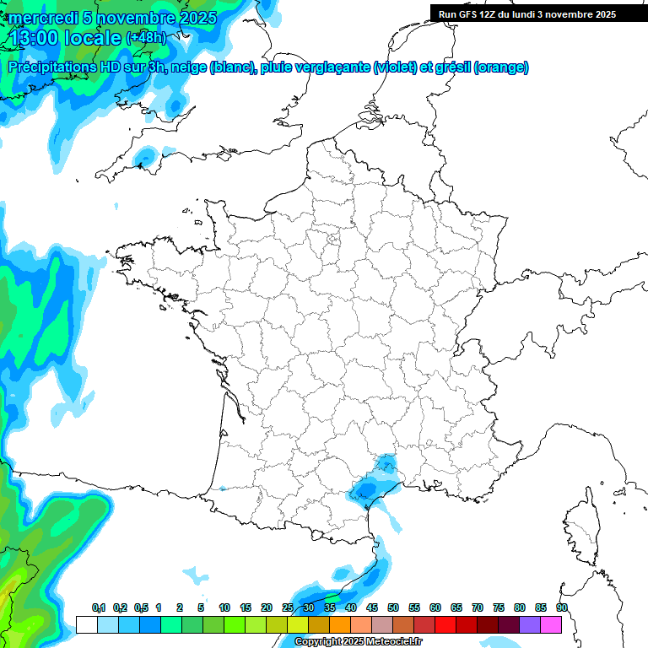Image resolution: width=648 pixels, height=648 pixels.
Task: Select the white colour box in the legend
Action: pos(86,624)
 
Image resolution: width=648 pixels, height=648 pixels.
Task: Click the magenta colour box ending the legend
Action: pos(551,624)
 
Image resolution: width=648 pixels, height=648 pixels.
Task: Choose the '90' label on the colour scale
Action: pos(562,607)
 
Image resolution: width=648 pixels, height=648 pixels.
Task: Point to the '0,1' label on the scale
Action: pos(99,607)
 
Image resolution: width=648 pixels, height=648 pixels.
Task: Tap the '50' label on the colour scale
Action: pos(393,607)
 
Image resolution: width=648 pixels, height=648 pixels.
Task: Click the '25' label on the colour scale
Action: pos(288,607)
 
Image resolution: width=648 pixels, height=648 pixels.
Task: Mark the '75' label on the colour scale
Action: pos(499,607)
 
